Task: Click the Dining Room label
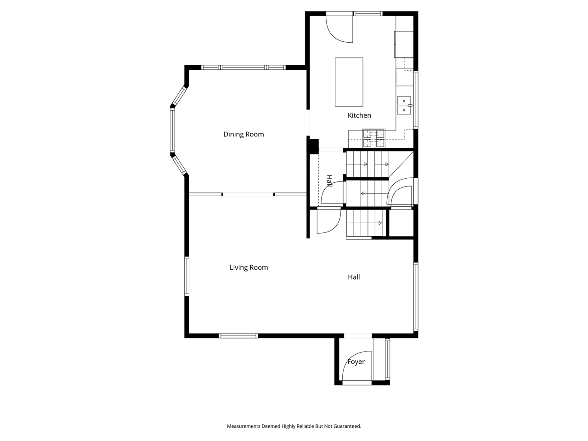pos(243,134)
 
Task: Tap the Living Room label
pos(249,267)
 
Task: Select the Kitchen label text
pos(359,115)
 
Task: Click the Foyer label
pos(356,362)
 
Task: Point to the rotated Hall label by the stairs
pos(329,181)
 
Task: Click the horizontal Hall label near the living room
pos(354,277)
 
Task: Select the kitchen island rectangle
pos(349,82)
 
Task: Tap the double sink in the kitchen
pos(404,105)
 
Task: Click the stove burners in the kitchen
pos(373,138)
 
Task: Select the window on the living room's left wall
pos(187,276)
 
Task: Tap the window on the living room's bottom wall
pos(238,336)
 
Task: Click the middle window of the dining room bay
pos(173,131)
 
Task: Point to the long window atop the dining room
pos(243,67)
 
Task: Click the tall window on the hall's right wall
pos(415,297)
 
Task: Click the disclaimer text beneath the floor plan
pos(294,426)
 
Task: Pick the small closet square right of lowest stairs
pos(401,223)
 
